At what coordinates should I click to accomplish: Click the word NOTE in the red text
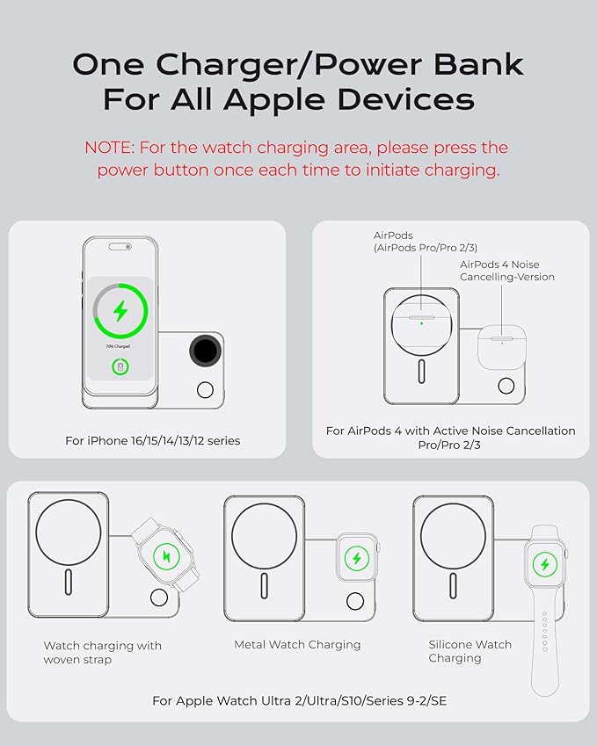pos(109,148)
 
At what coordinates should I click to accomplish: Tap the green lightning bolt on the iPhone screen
pos(120,311)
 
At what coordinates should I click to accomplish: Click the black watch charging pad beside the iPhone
pos(206,351)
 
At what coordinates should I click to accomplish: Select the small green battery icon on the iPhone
pos(120,366)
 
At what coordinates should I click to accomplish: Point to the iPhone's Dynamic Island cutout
pos(120,246)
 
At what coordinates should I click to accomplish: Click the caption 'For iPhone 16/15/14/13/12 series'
pos(152,441)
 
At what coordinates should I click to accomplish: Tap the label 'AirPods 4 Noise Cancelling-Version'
pos(507,271)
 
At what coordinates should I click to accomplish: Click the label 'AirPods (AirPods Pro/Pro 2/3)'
pos(426,242)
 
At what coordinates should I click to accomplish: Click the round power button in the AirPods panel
pos(506,386)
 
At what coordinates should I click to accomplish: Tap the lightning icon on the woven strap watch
pos(166,556)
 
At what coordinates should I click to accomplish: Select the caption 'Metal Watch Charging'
pos(297,645)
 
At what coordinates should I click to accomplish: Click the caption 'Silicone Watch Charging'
pos(470,651)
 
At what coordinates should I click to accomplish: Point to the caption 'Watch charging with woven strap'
pos(102,653)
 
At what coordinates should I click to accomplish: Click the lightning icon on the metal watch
pos(357,558)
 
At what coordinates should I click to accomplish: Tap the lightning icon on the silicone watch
pos(545,564)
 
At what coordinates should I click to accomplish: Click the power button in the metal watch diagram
pos(355,601)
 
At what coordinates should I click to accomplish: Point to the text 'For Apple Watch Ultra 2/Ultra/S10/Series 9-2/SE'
pos(300,701)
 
